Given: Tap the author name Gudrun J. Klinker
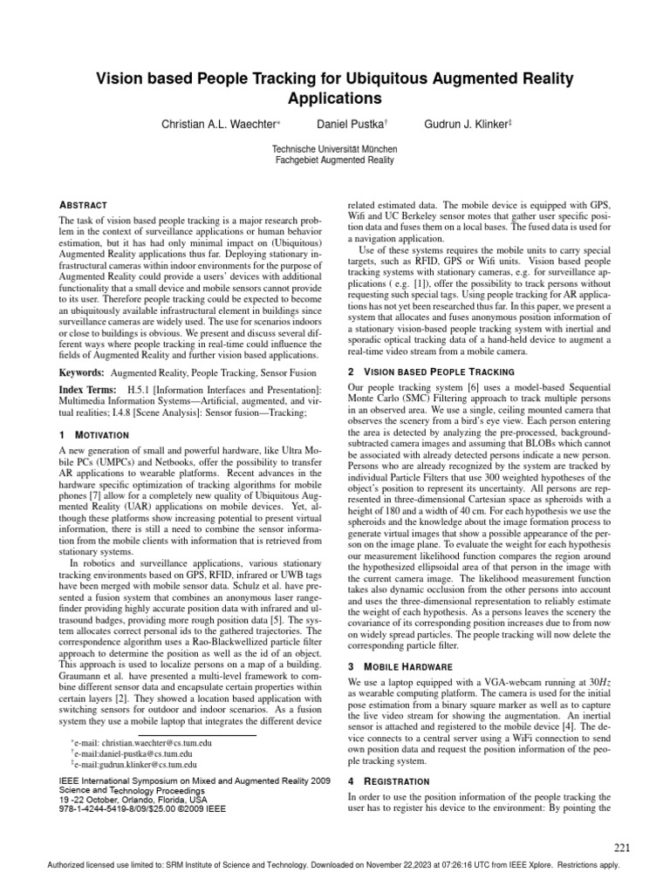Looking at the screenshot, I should (x=463, y=125).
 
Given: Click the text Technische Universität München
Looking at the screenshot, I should (x=334, y=149).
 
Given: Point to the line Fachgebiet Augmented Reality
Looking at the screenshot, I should (x=334, y=160).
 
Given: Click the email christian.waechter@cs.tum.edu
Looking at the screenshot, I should (x=147, y=743).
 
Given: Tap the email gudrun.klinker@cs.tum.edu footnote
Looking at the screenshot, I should (x=144, y=764).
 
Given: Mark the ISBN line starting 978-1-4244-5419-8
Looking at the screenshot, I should (x=141, y=808).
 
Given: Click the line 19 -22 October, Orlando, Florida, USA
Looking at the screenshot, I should (x=133, y=799).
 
